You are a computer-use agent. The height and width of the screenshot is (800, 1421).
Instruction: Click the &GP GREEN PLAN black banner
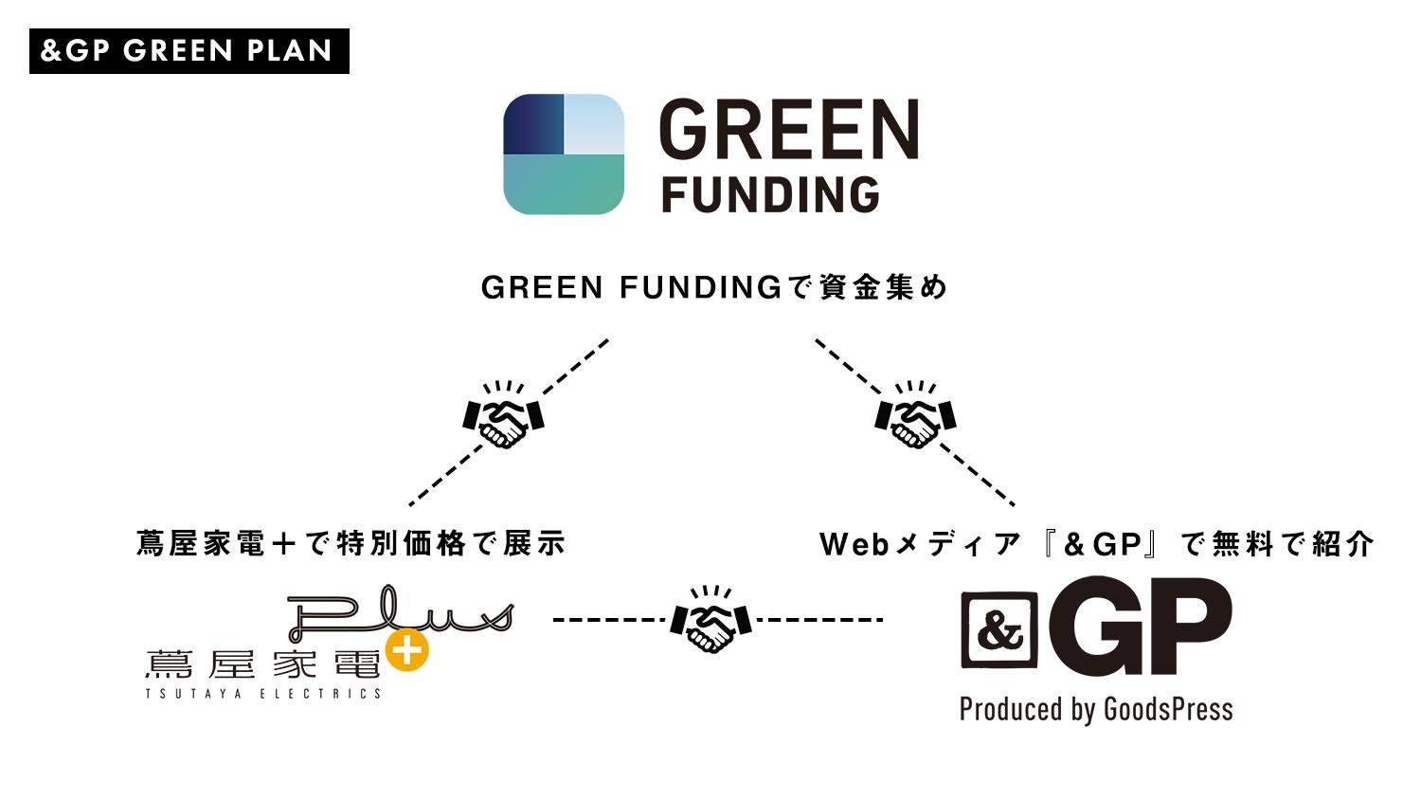(189, 51)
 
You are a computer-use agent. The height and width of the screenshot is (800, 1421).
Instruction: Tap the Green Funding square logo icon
(564, 154)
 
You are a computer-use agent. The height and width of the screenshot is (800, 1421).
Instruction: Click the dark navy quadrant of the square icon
(533, 123)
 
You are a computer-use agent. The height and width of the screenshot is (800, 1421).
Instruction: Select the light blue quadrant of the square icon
(594, 123)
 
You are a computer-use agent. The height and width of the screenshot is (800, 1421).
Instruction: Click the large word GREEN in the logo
(788, 130)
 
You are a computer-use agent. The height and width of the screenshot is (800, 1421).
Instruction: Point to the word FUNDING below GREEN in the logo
(770, 194)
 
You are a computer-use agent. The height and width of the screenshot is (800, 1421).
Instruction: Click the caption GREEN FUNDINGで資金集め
(714, 287)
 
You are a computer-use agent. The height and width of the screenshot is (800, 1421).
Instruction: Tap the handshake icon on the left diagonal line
(503, 414)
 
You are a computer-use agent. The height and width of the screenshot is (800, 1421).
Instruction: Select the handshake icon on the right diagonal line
(915, 414)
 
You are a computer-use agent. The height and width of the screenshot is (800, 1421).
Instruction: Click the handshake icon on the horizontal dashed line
(710, 619)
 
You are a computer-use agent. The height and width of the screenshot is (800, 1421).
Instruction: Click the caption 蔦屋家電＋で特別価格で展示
(351, 543)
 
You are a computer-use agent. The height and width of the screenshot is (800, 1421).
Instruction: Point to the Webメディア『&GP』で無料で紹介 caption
(1096, 543)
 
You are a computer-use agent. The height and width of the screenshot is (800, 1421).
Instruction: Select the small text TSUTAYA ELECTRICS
(263, 694)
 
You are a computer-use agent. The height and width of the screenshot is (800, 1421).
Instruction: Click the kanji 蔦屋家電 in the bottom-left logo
(261, 664)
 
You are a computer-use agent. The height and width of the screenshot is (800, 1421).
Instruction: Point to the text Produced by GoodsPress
(1096, 709)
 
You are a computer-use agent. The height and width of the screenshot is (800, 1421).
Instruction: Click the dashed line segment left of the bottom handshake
(609, 620)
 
